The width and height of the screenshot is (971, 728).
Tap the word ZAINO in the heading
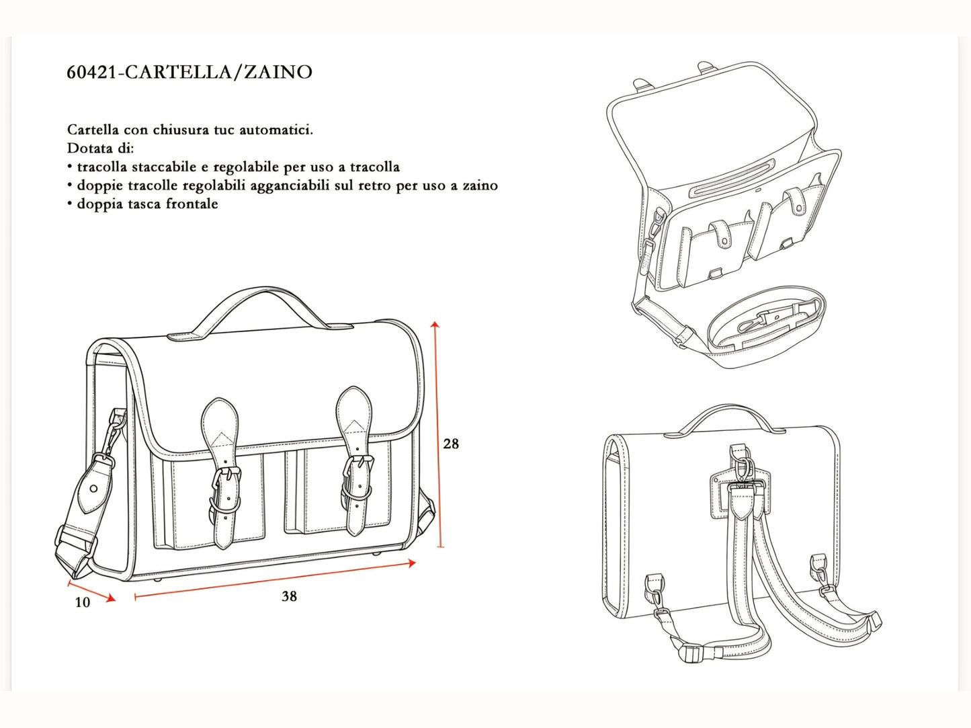tap(278, 72)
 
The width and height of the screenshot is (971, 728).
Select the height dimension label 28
tap(451, 444)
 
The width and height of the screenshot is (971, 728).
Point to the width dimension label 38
tap(290, 596)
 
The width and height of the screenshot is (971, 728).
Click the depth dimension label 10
tap(83, 602)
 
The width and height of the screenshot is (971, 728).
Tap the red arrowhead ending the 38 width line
tap(412, 563)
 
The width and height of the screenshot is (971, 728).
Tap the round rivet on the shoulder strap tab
tap(94, 489)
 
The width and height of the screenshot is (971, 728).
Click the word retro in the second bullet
tap(375, 186)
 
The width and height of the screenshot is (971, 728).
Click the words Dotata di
tap(100, 149)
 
